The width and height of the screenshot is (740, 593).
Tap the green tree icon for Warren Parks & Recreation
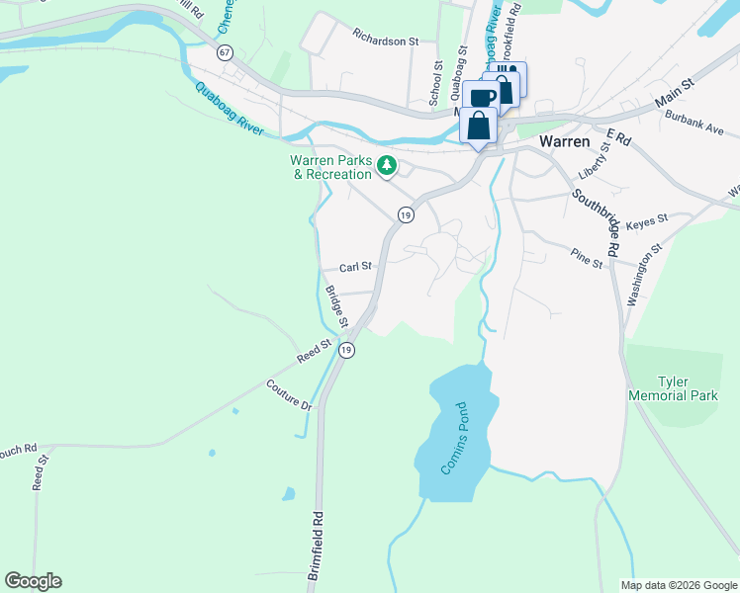click(389, 167)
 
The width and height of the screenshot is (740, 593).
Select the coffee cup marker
click(482, 97)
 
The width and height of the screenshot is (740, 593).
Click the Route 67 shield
click(226, 53)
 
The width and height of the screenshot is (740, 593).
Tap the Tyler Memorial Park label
click(673, 388)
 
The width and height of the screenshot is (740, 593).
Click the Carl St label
click(355, 267)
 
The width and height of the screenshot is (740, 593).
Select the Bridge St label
click(337, 306)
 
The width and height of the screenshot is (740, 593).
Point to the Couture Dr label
click(288, 394)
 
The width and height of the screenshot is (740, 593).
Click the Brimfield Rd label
click(316, 545)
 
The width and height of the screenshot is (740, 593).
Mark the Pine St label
click(586, 258)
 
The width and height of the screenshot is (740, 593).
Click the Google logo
click(33, 581)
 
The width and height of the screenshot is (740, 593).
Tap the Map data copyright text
click(678, 585)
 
